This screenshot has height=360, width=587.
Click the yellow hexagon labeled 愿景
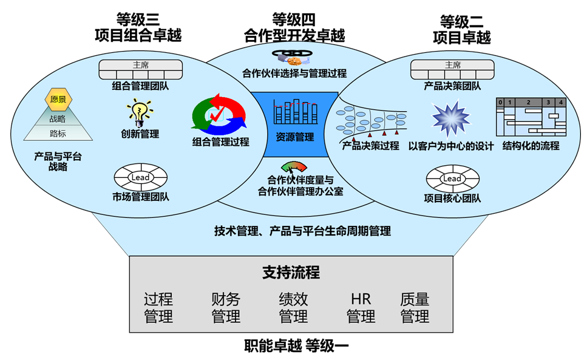point(58,99)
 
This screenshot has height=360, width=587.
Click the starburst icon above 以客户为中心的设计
point(450,120)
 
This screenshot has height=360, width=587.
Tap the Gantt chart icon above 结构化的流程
point(531,117)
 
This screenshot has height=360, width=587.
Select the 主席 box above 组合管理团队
point(140,67)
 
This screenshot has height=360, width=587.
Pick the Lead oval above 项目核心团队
point(452,179)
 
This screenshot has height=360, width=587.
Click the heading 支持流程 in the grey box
point(291,273)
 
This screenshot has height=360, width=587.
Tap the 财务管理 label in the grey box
point(226,308)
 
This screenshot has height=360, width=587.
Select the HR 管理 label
point(361,308)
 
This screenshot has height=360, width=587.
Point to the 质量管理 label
point(415,308)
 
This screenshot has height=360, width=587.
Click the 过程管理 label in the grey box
point(158,308)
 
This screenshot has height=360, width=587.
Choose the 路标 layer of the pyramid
point(58,134)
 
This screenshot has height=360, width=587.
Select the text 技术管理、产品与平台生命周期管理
point(302,231)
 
